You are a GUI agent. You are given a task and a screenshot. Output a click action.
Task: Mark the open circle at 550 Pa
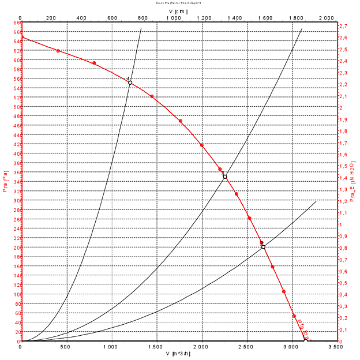[x=130, y=82]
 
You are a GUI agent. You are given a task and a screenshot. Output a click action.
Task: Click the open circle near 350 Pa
[x=225, y=177]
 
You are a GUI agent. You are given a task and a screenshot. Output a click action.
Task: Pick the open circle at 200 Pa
[x=263, y=247]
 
